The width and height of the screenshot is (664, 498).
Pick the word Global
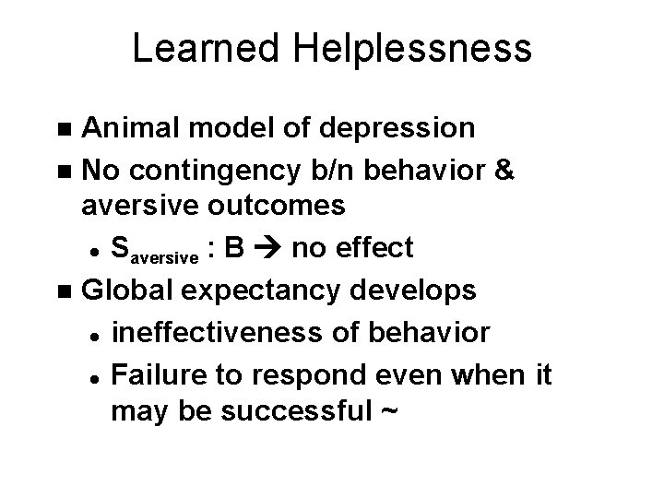131,290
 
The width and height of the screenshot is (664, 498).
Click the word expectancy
265,290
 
